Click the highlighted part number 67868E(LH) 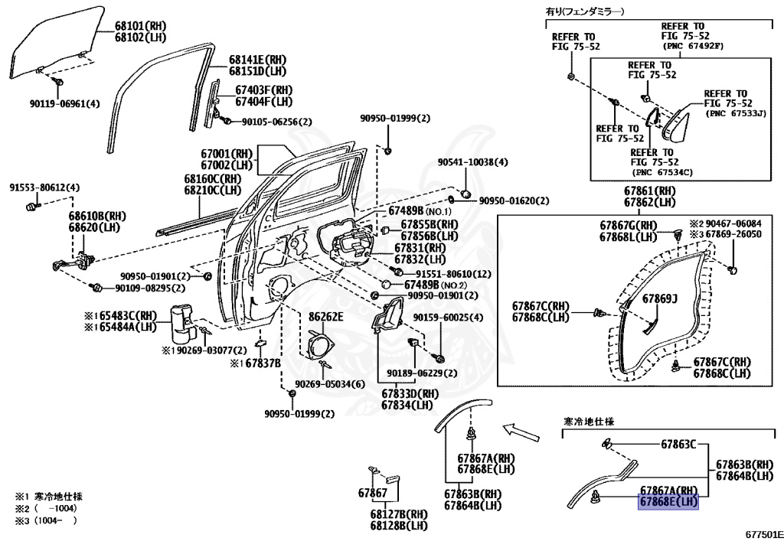[669, 502]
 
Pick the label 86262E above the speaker [325, 317]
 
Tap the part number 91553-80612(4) [44, 187]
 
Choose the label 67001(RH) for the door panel [227, 153]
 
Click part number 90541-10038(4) [472, 162]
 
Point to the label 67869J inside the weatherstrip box [659, 299]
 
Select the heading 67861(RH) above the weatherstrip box [649, 191]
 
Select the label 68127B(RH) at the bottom [398, 514]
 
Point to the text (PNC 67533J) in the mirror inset [736, 114]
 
